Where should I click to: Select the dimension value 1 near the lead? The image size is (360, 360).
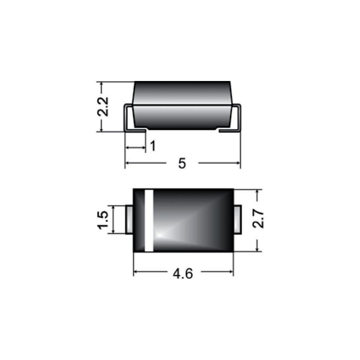152,147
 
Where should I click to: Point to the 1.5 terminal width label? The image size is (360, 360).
103,220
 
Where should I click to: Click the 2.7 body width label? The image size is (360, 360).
258,220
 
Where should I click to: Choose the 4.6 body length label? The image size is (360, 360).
183,274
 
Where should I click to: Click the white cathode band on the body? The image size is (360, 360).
149,220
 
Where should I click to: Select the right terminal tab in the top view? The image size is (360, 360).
238,220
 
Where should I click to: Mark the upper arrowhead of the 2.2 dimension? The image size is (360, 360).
102,85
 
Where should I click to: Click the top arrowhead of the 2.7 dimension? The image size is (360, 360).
257,192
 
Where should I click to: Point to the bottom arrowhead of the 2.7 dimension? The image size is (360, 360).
257,249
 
